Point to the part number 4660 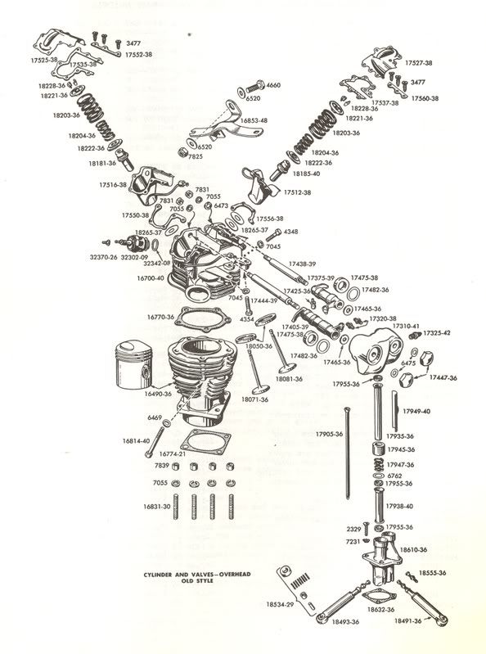[273, 85]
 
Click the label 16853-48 [254, 120]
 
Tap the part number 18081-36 [288, 379]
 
